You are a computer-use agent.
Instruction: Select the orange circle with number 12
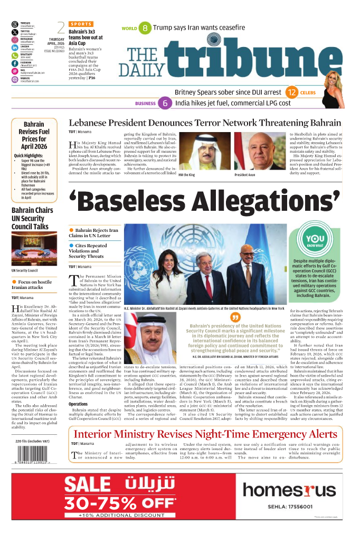point(291,92)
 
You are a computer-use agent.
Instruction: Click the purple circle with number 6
point(165,104)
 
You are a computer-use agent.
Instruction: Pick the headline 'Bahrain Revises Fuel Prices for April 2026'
point(34,136)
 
